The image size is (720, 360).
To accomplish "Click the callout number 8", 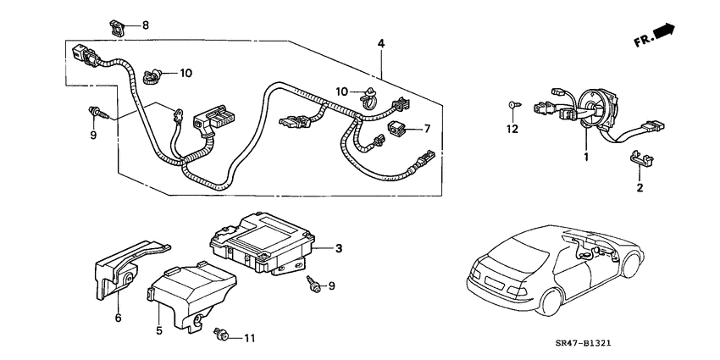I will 145,25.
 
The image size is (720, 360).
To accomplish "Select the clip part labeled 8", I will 119,25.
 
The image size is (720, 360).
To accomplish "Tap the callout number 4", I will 381,43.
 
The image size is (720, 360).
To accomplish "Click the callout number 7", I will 428,130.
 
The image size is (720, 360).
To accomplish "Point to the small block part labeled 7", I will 398,129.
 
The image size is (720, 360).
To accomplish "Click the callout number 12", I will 511,129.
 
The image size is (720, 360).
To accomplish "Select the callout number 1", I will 584,158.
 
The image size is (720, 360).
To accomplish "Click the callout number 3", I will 338,247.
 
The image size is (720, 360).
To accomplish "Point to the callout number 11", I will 248,339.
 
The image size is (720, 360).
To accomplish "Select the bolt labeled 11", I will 223,336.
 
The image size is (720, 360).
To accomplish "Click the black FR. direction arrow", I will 662,33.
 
